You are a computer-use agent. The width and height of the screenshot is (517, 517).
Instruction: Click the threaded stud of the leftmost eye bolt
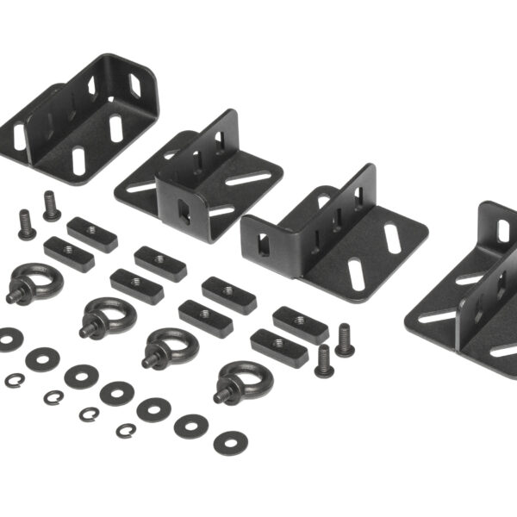pyautogui.click(x=14, y=296)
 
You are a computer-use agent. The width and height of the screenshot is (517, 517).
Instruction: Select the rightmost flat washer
pyautogui.click(x=231, y=442)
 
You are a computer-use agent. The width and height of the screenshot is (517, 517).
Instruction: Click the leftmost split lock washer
pyautogui.click(x=14, y=380)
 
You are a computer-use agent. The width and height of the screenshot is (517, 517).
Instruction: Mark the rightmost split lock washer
pyautogui.click(x=127, y=430)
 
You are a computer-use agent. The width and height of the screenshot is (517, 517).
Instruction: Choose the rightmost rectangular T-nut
pyautogui.click(x=301, y=323)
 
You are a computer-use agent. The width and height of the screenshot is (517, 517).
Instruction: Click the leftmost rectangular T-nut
pyautogui.click(x=69, y=254)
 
